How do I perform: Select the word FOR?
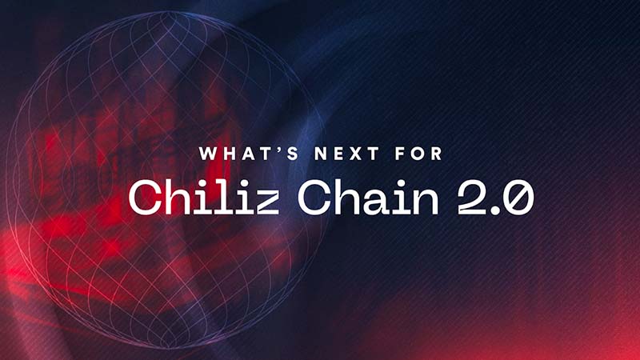[x=418, y=154]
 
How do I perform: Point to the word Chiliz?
[x=204, y=197]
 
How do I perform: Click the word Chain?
[x=368, y=197]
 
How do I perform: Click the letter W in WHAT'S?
[x=209, y=154]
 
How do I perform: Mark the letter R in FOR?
[x=437, y=154]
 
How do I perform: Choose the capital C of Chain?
[x=315, y=198]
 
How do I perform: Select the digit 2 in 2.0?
[x=471, y=198]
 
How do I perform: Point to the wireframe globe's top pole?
[x=167, y=12]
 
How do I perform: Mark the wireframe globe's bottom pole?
[x=167, y=348]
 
